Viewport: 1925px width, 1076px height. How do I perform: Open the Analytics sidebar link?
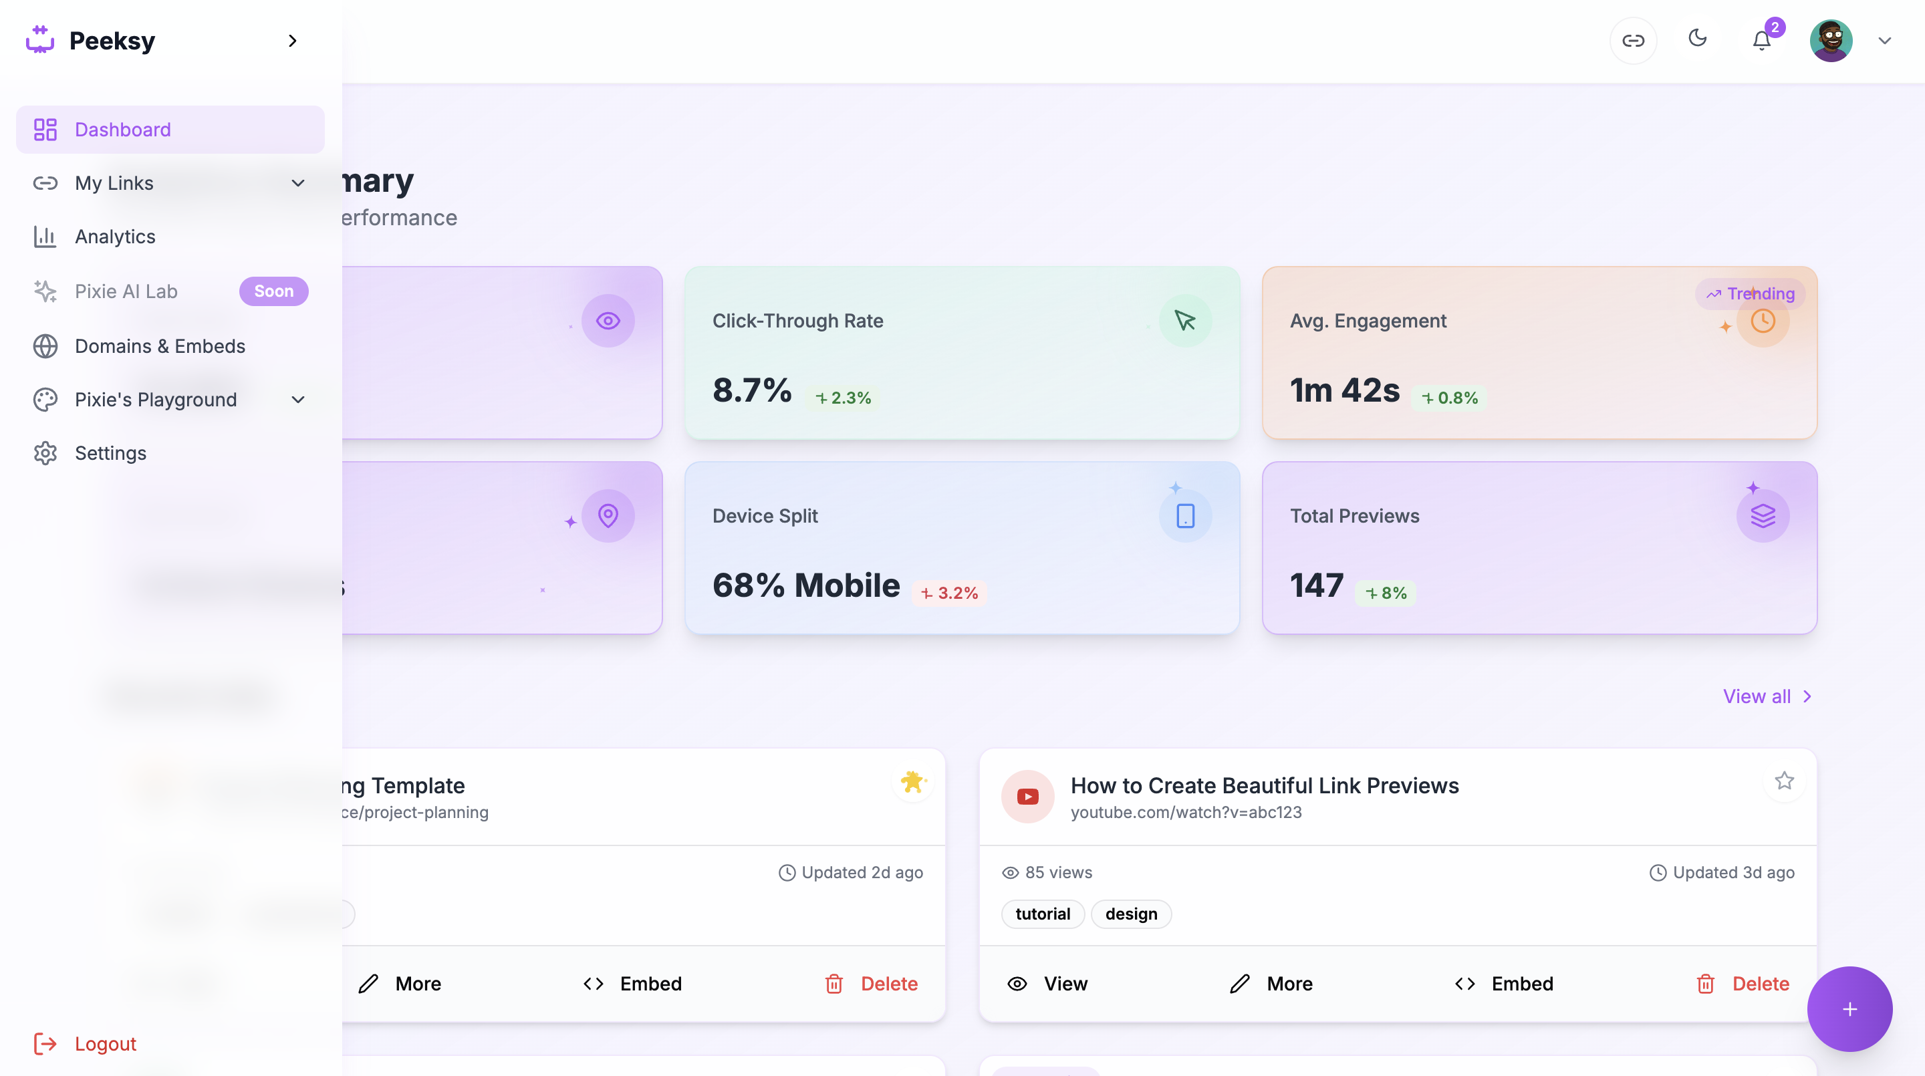tap(115, 237)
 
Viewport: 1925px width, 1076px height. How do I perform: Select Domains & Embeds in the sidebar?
tap(160, 346)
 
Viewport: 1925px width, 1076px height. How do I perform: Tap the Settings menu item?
tap(110, 453)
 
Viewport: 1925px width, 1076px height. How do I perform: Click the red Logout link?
tap(105, 1043)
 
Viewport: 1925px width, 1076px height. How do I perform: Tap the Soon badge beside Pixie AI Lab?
tap(273, 291)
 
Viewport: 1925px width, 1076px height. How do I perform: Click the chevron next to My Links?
tap(298, 183)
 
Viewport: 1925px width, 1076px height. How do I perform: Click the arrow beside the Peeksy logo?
tap(292, 40)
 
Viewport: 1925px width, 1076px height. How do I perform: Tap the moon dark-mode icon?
tap(1697, 38)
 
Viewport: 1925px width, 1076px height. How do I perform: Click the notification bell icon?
tap(1761, 40)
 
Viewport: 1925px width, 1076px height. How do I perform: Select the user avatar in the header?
tap(1830, 40)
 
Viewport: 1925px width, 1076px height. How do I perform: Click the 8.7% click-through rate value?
tap(752, 390)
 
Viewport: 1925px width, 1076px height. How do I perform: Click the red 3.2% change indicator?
tap(949, 593)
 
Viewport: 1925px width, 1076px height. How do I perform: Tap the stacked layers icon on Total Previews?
tap(1762, 515)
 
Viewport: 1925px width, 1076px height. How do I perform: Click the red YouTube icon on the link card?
tap(1027, 797)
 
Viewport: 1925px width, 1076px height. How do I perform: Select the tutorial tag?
tap(1043, 914)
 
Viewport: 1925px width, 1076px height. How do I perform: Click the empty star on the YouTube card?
tap(1785, 781)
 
